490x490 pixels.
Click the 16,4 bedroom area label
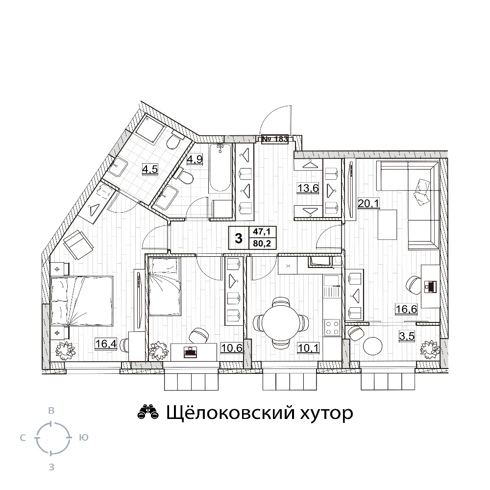[x=106, y=344]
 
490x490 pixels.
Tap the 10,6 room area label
[x=232, y=347]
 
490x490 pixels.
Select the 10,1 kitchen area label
[x=308, y=348]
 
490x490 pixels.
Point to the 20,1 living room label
[x=368, y=204]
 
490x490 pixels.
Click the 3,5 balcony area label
[x=407, y=336]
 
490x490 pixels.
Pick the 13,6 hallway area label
[x=308, y=188]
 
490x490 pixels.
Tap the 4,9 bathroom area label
[x=195, y=159]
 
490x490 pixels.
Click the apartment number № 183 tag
[x=275, y=139]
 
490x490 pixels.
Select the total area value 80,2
[x=262, y=243]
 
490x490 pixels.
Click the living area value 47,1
[x=262, y=232]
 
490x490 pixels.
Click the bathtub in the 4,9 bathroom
[x=220, y=168]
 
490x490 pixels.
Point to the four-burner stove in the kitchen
[x=333, y=328]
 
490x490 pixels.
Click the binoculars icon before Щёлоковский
[x=148, y=412]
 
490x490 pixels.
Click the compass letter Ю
[x=83, y=438]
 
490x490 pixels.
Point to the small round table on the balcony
[x=373, y=345]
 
